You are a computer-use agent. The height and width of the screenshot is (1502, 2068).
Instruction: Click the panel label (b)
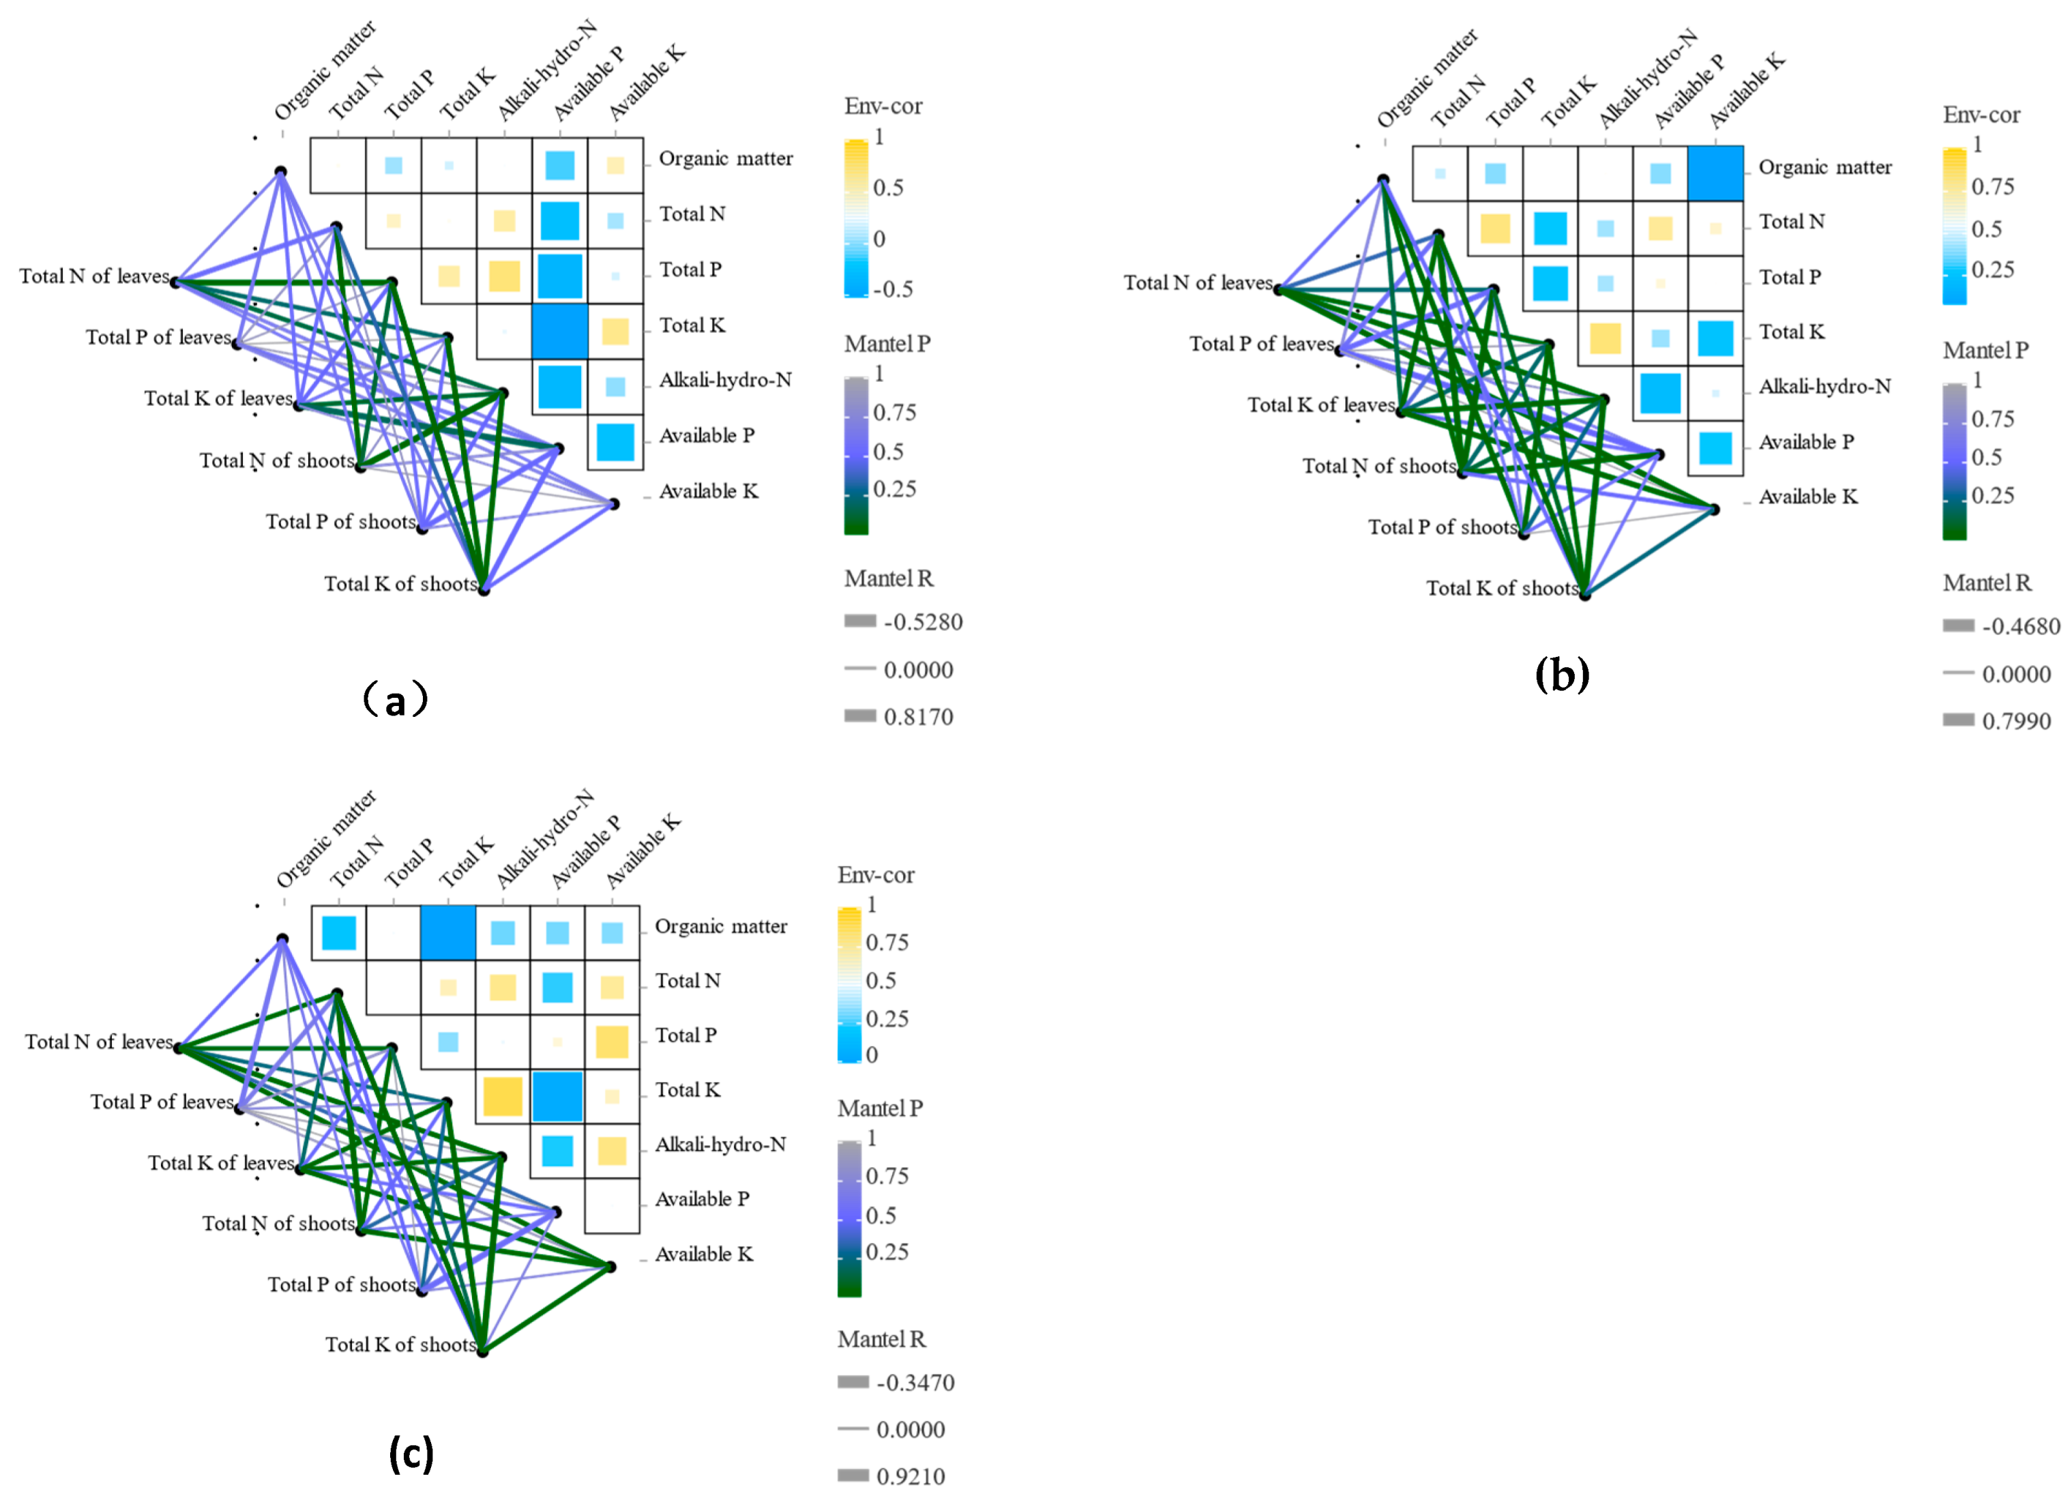[x=1562, y=675]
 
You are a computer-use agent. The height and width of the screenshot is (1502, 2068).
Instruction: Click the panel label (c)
[x=411, y=1453]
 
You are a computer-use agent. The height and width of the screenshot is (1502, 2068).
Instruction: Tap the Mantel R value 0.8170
[x=918, y=717]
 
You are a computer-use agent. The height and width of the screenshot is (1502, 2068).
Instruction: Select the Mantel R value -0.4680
[x=2020, y=627]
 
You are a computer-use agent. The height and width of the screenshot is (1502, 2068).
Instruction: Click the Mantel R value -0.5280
[x=923, y=622]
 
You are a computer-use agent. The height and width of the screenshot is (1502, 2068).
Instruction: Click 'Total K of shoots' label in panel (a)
[x=400, y=584]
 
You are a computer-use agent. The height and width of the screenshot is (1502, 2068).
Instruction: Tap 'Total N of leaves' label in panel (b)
[x=1197, y=282]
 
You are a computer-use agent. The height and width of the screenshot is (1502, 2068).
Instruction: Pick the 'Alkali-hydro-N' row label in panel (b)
[x=1825, y=387]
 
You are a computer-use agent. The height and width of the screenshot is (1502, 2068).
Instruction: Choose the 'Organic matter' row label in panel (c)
[x=720, y=926]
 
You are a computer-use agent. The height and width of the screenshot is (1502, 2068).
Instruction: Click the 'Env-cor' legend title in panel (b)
[x=1981, y=115]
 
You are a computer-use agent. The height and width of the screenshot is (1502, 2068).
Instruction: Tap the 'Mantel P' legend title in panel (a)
[x=887, y=344]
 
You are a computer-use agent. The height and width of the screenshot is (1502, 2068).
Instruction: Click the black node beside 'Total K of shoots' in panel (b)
[x=1584, y=595]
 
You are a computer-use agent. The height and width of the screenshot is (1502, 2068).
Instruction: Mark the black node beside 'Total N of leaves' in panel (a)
[x=175, y=282]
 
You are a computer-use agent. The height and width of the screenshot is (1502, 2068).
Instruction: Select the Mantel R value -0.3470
[x=915, y=1383]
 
